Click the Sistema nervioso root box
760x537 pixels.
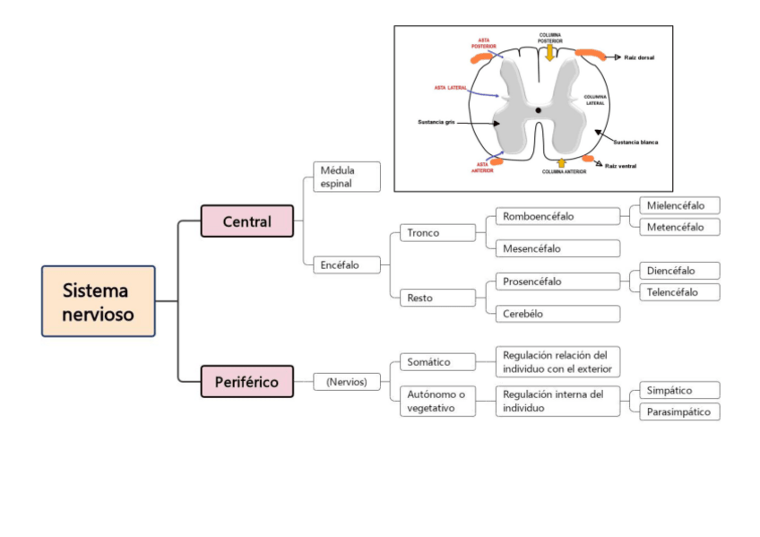(98, 301)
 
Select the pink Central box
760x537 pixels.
(246, 221)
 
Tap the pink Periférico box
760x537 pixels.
(246, 381)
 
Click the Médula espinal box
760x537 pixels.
(347, 177)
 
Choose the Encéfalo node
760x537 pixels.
(347, 264)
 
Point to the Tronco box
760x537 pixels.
(437, 233)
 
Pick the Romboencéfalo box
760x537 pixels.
(557, 216)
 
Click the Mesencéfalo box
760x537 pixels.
(557, 248)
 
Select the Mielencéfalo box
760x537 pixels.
(679, 205)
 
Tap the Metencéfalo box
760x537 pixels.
(679, 227)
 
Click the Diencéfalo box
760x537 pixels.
(679, 270)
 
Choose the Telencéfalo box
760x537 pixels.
(679, 291)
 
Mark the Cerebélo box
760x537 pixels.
(557, 314)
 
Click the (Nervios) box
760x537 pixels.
(347, 381)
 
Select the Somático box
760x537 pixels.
(437, 362)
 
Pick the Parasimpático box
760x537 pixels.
(679, 411)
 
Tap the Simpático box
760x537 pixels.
(679, 390)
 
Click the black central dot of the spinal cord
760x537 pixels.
(539, 110)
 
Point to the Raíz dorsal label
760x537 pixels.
(639, 57)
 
